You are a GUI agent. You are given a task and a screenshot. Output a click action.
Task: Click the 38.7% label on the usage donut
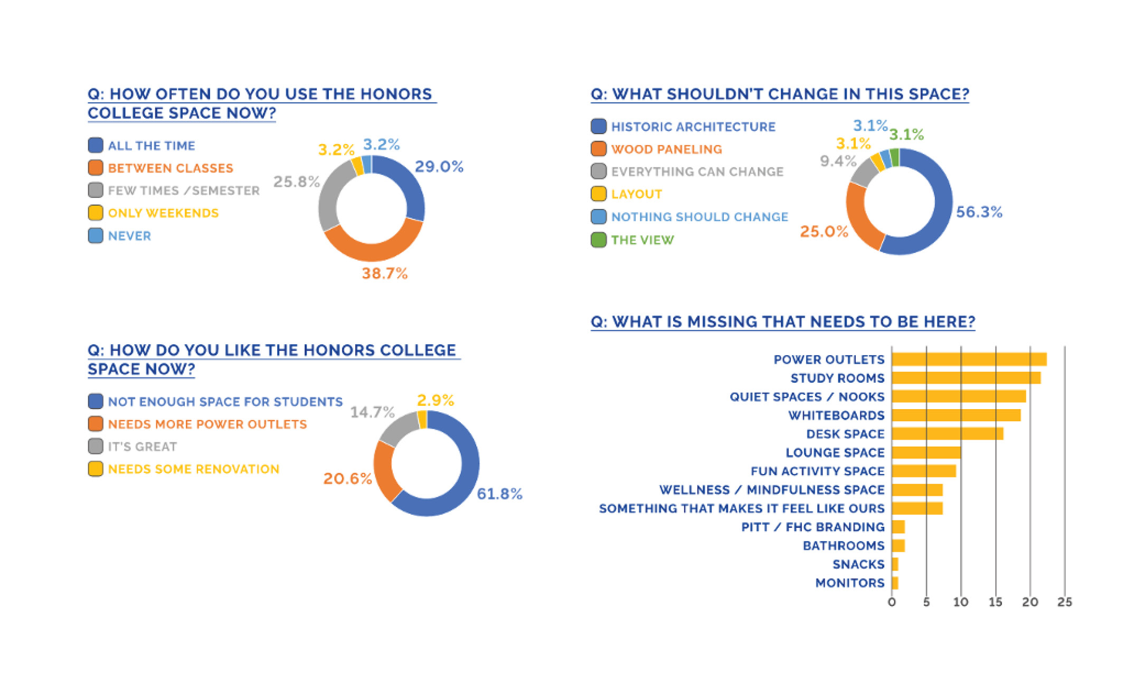click(x=384, y=273)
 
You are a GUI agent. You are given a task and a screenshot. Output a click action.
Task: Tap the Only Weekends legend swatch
click(x=96, y=213)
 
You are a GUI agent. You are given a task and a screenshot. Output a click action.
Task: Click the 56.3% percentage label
click(x=979, y=212)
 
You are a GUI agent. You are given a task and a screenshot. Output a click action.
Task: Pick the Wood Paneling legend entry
click(x=666, y=149)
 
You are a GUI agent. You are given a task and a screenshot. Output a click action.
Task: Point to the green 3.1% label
click(x=906, y=135)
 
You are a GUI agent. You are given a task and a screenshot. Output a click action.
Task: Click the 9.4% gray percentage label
click(x=838, y=161)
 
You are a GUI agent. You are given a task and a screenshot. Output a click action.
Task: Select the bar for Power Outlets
click(x=969, y=359)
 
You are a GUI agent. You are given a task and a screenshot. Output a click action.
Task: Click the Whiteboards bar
click(x=956, y=415)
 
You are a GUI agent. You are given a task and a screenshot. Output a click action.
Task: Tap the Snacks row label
click(x=858, y=564)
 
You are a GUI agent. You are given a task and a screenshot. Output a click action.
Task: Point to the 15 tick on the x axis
click(x=995, y=602)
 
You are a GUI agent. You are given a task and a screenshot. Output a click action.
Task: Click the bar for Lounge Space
click(x=926, y=452)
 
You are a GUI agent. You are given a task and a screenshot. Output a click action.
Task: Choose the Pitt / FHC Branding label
click(x=812, y=527)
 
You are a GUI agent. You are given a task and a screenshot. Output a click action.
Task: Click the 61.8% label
click(x=499, y=494)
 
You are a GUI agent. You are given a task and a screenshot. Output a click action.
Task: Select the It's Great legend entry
click(x=142, y=447)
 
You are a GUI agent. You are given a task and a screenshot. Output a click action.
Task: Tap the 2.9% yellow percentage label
click(x=435, y=400)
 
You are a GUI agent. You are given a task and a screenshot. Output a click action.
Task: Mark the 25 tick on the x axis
click(x=1064, y=602)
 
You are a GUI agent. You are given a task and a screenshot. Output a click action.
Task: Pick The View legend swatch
click(x=599, y=240)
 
